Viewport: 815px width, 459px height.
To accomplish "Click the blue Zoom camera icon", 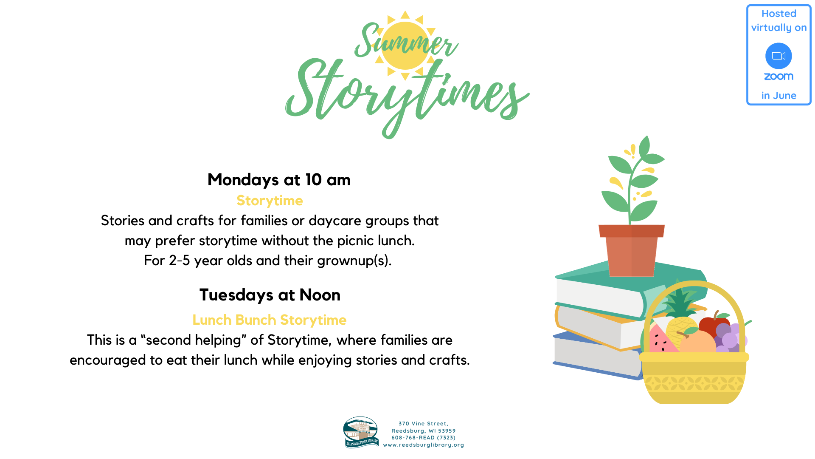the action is (x=778, y=56).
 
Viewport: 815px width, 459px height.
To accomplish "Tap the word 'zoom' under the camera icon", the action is (x=778, y=76).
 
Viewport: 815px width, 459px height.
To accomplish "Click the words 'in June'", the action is (x=778, y=96).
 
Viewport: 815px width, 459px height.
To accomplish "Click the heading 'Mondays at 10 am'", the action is (x=279, y=180).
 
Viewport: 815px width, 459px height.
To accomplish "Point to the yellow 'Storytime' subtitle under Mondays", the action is (x=270, y=201).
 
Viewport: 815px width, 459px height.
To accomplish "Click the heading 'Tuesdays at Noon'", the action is (x=270, y=295).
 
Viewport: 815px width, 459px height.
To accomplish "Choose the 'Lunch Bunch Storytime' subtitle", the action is (x=270, y=320).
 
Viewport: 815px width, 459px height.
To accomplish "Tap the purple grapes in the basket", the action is (x=731, y=338).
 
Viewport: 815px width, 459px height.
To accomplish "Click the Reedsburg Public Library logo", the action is (x=361, y=432).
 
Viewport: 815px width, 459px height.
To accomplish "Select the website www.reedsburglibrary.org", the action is (x=424, y=445).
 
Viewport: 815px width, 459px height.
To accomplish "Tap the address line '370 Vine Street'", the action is (x=423, y=424).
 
